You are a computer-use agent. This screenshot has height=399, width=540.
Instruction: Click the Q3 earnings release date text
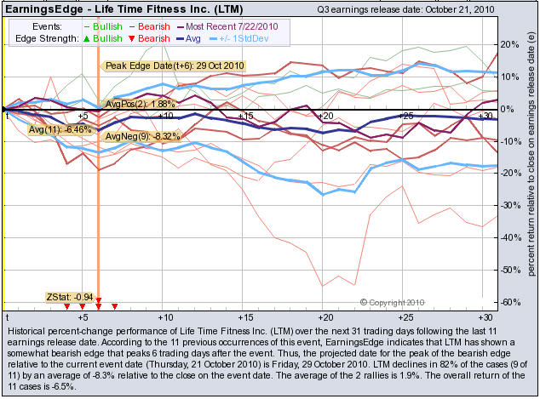point(405,9)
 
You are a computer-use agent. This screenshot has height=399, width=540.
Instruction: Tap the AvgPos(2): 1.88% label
point(135,104)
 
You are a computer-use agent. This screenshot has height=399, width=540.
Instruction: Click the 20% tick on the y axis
point(509,44)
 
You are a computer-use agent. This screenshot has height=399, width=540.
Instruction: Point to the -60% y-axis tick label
point(509,303)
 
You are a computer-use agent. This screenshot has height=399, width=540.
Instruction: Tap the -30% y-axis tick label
point(509,206)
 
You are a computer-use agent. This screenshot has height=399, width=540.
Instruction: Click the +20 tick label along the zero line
point(324,116)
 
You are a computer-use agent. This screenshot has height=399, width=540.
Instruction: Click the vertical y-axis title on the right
point(530,162)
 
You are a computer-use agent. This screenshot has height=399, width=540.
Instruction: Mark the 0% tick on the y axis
point(509,109)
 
